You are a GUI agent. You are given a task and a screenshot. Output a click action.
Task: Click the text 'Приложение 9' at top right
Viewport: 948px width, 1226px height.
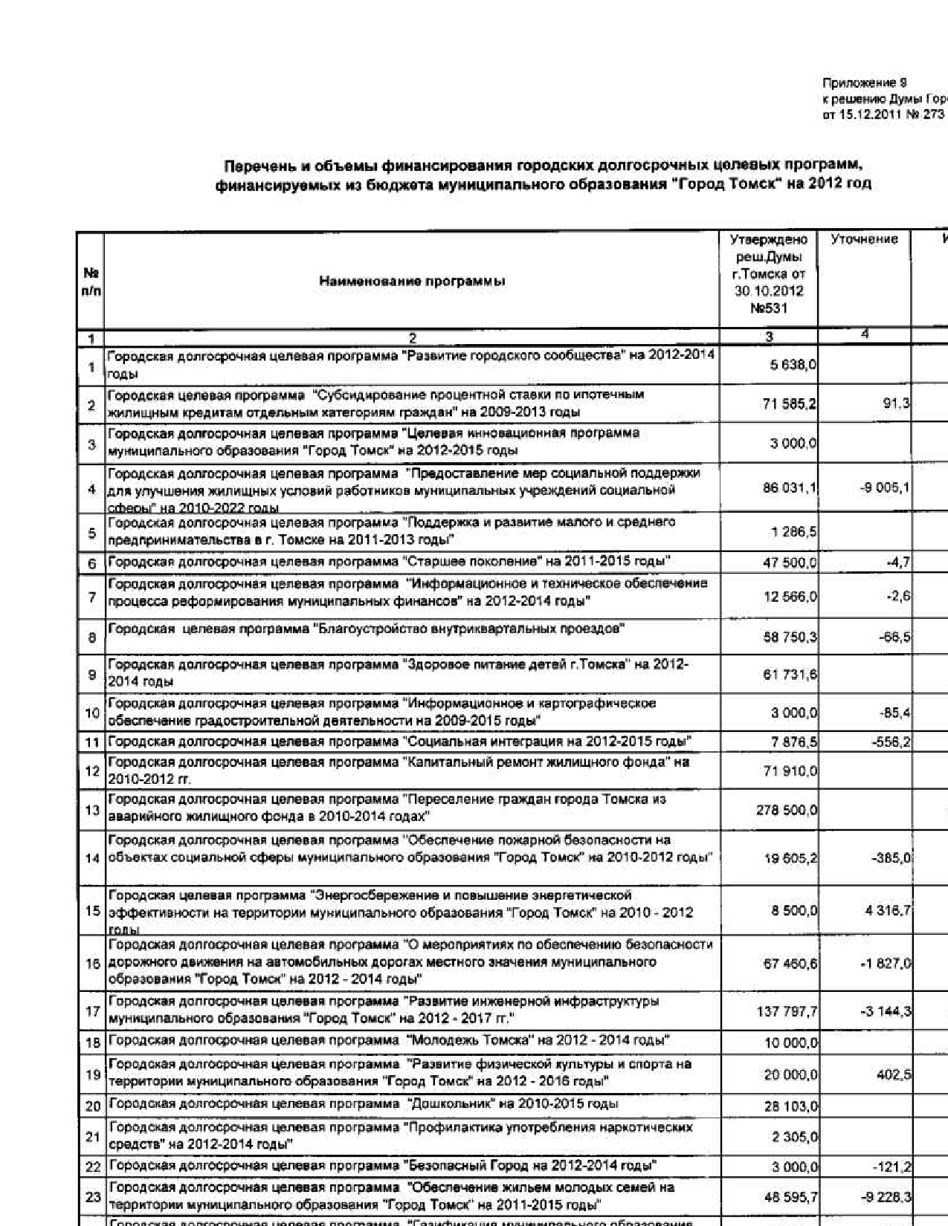click(x=864, y=82)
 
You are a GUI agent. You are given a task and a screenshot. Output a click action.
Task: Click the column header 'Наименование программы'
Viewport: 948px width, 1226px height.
click(x=412, y=281)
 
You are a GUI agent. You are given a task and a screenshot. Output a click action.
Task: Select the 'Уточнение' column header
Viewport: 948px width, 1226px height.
click(x=864, y=239)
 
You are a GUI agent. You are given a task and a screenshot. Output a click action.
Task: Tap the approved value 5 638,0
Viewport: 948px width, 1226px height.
click(x=790, y=365)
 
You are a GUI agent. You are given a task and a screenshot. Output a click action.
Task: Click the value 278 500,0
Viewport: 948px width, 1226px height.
click(x=787, y=809)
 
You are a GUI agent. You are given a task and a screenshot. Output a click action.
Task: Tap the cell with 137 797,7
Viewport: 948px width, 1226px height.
click(x=787, y=1011)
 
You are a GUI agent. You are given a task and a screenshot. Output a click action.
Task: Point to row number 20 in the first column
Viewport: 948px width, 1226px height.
click(x=92, y=1106)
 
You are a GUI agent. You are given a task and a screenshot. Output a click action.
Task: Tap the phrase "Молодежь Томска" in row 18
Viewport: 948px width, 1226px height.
click(x=469, y=1040)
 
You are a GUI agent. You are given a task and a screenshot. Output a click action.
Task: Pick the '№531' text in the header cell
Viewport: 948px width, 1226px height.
click(x=769, y=308)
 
